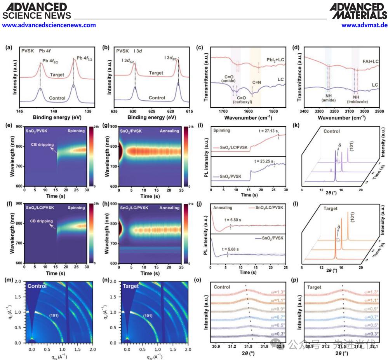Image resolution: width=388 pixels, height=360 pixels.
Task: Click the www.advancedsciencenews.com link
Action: [49, 25]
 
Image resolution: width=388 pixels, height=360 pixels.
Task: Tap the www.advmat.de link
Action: [364, 25]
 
